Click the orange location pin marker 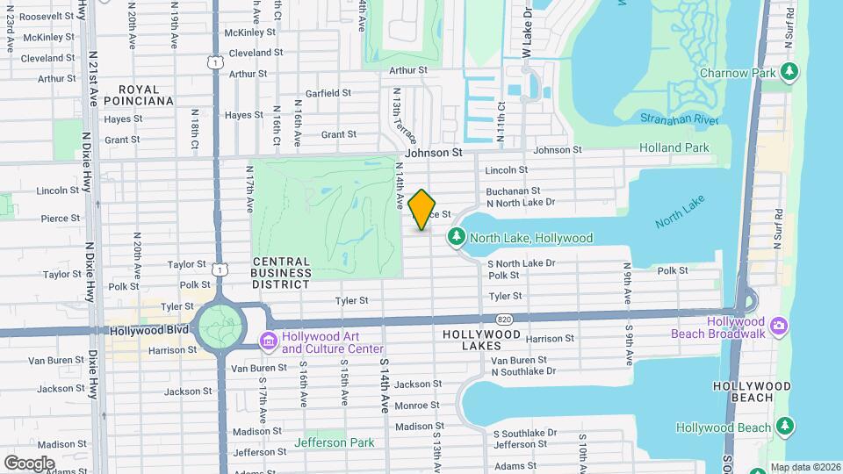tap(422, 210)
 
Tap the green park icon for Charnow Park tap(790, 71)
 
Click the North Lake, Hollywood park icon tap(456, 237)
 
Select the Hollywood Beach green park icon tap(785, 427)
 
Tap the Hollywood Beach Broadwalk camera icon tap(777, 327)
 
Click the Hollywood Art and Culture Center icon tap(269, 340)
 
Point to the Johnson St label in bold tap(433, 152)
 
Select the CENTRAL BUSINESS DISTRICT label tap(281, 272)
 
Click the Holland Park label tap(674, 147)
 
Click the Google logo tap(29, 463)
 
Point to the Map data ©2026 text tap(804, 467)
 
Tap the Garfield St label tap(328, 92)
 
